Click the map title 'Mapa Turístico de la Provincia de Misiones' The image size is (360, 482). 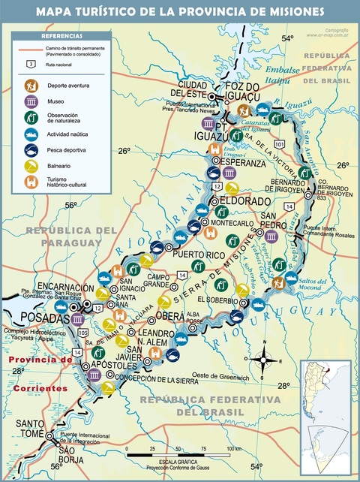coord(180,11)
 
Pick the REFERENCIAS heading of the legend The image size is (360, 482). coord(61,36)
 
